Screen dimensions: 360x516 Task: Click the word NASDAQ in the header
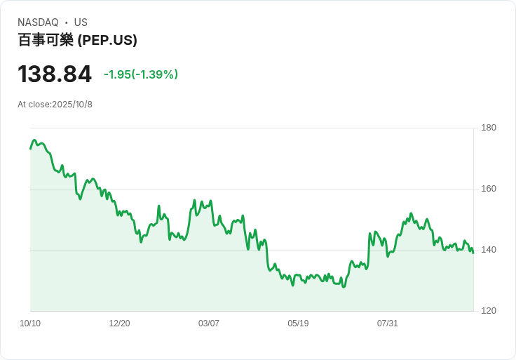click(x=38, y=22)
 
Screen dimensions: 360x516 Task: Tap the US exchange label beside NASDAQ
click(x=81, y=22)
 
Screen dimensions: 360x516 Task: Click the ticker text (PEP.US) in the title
click(x=107, y=40)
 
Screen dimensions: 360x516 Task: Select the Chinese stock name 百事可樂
click(x=46, y=40)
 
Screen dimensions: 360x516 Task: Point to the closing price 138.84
click(x=55, y=74)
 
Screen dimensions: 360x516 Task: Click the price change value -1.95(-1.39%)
click(x=141, y=74)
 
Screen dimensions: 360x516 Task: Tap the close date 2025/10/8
click(x=72, y=105)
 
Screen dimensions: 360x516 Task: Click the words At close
click(x=34, y=105)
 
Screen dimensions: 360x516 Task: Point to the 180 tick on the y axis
click(x=489, y=128)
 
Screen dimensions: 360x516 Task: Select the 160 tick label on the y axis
click(x=489, y=189)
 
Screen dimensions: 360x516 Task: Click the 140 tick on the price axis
click(x=489, y=250)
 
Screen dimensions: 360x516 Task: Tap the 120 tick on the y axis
click(x=489, y=311)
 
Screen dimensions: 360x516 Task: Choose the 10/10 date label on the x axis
click(x=30, y=324)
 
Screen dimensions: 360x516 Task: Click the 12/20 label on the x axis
click(x=119, y=324)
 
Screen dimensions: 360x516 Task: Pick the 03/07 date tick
click(x=209, y=324)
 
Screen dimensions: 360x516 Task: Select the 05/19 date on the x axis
click(x=298, y=324)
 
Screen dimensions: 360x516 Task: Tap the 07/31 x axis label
click(x=388, y=324)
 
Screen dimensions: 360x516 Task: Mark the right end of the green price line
click(x=473, y=253)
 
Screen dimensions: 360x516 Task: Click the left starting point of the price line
click(x=30, y=148)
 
